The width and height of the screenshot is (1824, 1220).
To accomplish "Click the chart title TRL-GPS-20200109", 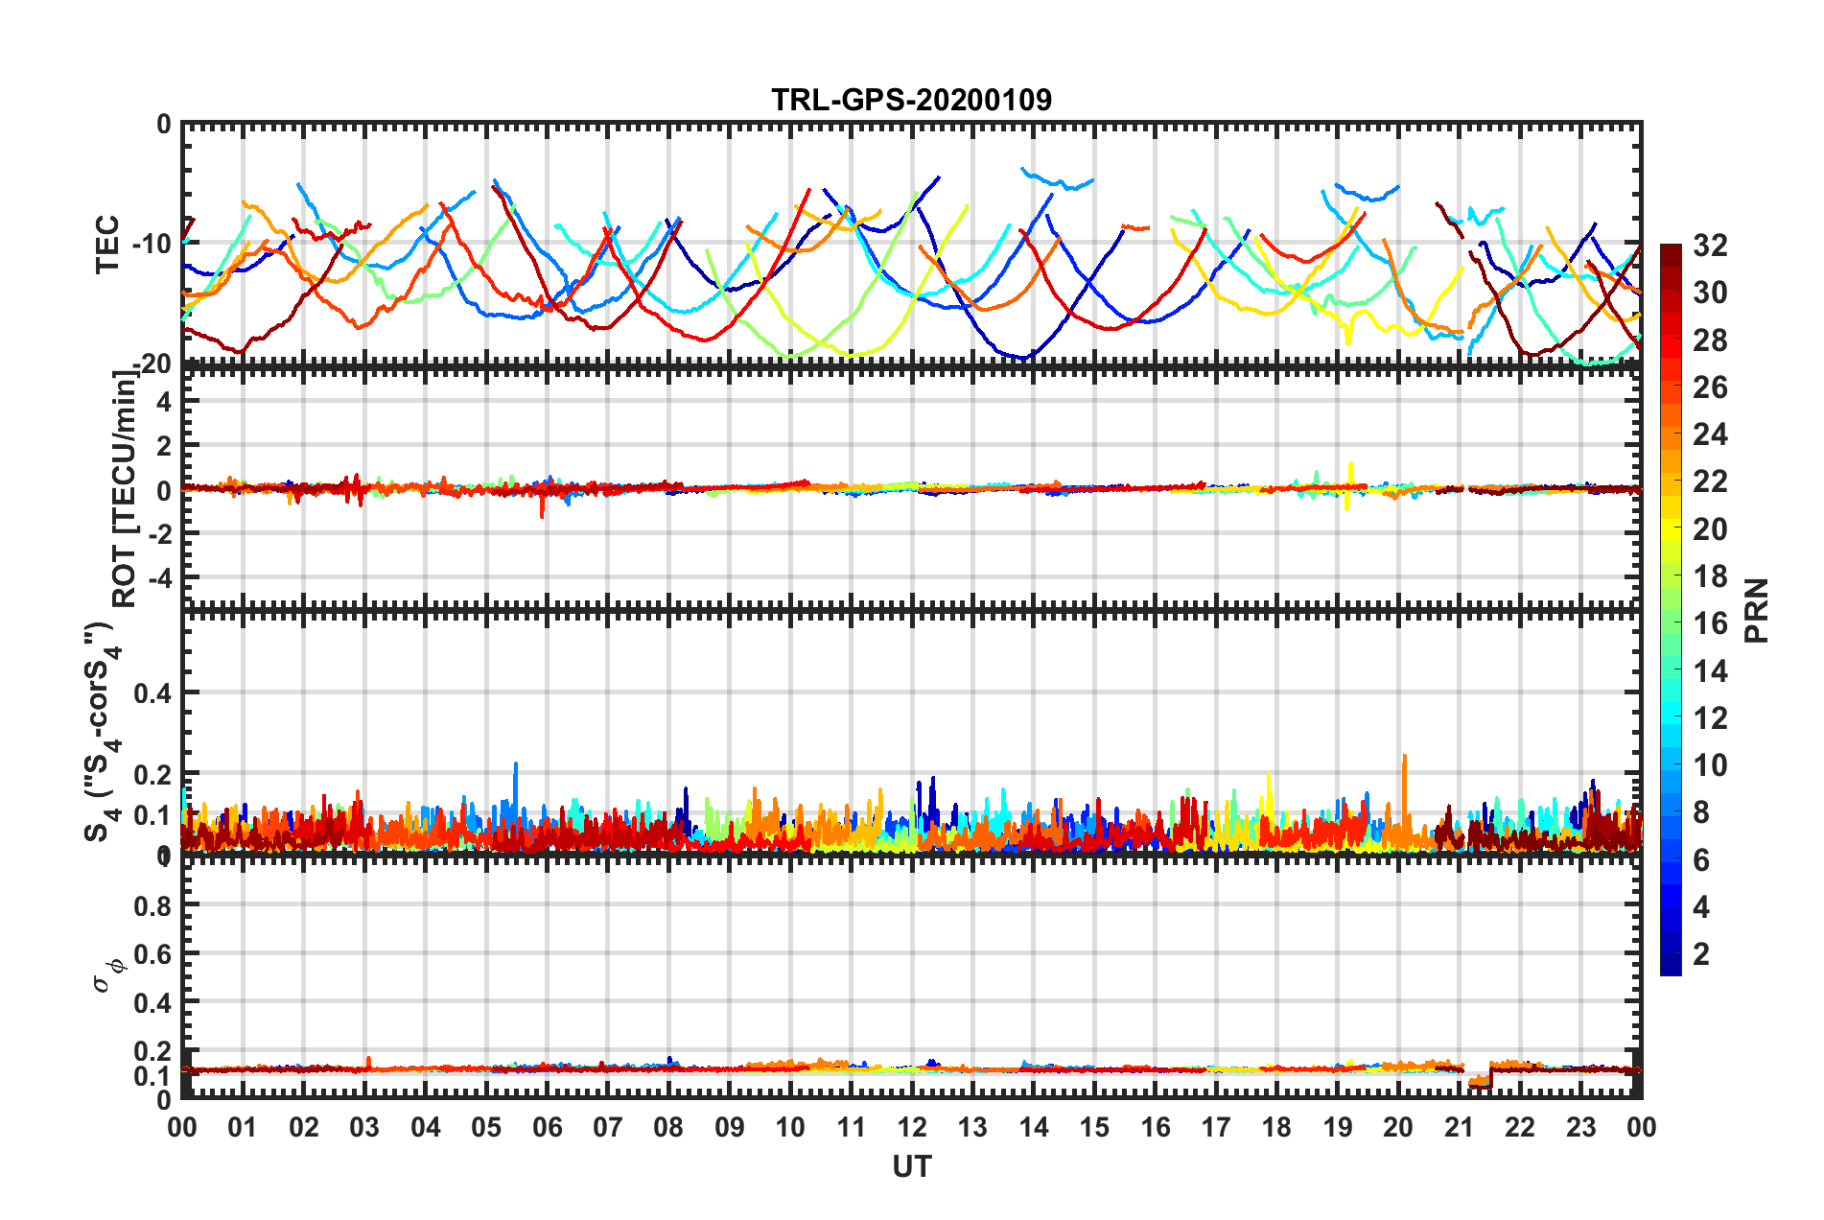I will [911, 100].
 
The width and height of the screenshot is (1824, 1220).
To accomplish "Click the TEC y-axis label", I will [107, 244].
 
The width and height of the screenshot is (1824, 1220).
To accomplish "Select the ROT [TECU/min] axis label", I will [125, 489].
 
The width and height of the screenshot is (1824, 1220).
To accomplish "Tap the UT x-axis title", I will [911, 1166].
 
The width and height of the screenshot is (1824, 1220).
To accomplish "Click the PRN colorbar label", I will [1757, 610].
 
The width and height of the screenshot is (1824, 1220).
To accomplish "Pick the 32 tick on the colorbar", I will [1709, 246].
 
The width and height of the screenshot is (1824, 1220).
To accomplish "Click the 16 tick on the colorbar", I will [1709, 623].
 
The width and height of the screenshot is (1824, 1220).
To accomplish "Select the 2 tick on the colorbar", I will [1701, 953].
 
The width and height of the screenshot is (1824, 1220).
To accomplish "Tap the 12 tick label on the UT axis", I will [912, 1127].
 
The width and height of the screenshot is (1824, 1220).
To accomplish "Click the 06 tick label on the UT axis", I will [547, 1127].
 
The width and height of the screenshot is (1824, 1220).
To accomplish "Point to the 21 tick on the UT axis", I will [1459, 1127].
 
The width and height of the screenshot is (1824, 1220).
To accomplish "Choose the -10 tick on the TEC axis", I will [152, 244].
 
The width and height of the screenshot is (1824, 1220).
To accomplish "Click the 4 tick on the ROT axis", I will [164, 402].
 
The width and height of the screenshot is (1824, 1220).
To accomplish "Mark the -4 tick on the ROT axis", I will [158, 578].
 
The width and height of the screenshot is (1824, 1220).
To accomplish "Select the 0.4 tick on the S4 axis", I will [152, 692].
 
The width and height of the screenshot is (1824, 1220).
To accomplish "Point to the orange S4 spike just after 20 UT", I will [1405, 767].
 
